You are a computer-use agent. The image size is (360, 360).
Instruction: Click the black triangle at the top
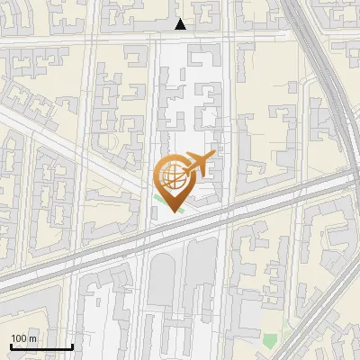(x=181, y=24)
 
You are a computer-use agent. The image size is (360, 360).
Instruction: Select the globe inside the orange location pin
(x=174, y=176)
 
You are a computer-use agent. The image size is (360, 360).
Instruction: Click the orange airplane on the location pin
(x=201, y=164)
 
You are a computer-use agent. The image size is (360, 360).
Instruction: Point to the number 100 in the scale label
(x=19, y=338)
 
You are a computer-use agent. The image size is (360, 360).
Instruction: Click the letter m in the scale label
(x=34, y=338)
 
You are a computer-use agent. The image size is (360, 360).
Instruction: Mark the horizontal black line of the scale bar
(x=41, y=346)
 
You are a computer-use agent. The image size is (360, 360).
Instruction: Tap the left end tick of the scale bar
(x=11, y=345)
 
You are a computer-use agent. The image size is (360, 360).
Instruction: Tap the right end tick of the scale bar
(x=72, y=345)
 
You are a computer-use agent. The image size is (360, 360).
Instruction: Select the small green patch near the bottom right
(x=270, y=339)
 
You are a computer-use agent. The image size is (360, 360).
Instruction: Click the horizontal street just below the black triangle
(x=180, y=37)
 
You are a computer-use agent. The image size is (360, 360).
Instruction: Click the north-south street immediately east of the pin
(x=229, y=135)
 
